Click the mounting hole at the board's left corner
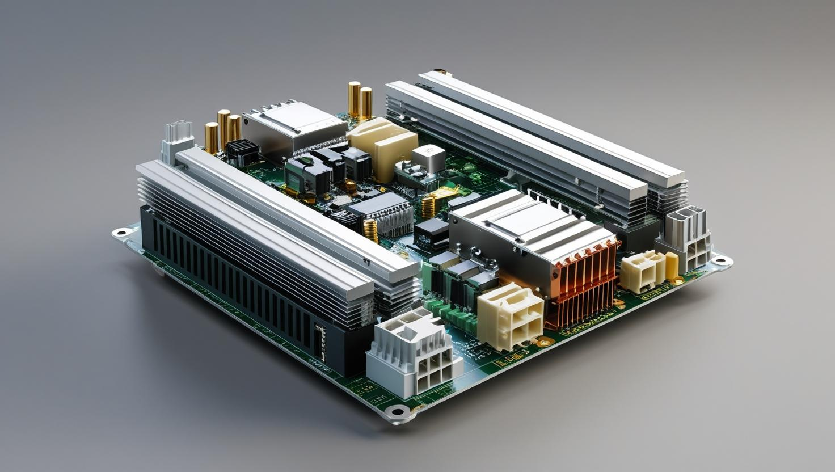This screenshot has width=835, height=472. [x=120, y=232]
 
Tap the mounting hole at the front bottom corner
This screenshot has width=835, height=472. [x=396, y=411]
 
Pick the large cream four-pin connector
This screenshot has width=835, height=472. [x=509, y=315]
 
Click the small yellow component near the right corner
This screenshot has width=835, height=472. [x=672, y=266]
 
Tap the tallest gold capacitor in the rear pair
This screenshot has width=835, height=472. [x=354, y=100]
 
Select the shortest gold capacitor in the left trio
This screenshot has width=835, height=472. [x=212, y=137]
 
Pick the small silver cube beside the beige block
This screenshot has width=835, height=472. [x=429, y=157]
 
